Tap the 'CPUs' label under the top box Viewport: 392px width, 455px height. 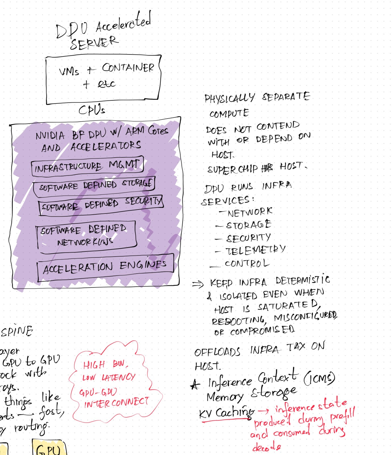pyautogui.click(x=92, y=110)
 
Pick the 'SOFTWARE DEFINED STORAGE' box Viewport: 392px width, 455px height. pyautogui.click(x=94, y=186)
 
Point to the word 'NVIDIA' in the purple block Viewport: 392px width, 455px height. pyautogui.click(x=50, y=136)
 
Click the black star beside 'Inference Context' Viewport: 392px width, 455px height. pyautogui.click(x=195, y=384)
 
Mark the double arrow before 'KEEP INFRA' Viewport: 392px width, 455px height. pyautogui.click(x=198, y=284)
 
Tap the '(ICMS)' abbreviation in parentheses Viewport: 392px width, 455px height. pyautogui.click(x=319, y=378)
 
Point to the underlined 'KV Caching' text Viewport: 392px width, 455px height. pyautogui.click(x=226, y=413)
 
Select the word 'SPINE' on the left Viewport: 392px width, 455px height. pyautogui.click(x=17, y=331)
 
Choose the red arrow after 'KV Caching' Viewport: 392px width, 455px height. pyautogui.click(x=263, y=411)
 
